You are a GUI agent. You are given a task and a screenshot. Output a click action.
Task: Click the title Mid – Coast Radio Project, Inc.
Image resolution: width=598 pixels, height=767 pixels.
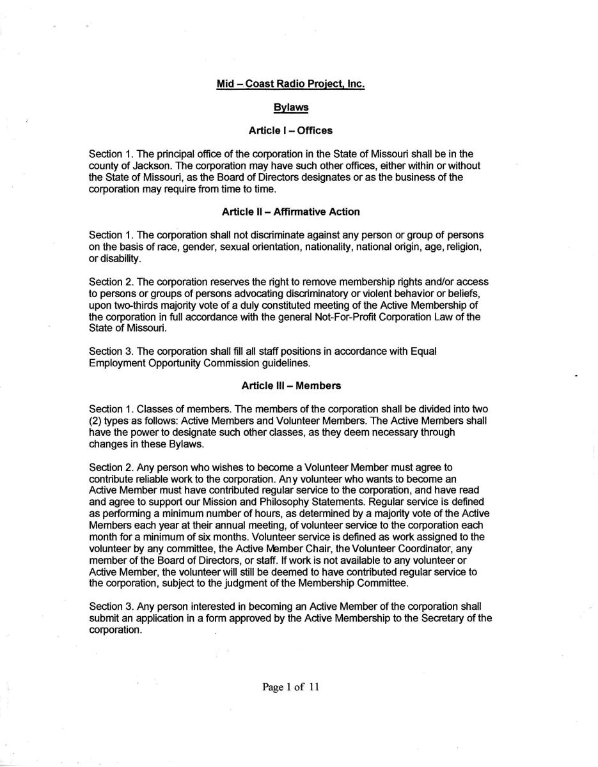pos(290,84)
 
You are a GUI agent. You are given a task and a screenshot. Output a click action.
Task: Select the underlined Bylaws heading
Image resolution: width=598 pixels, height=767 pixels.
pos(290,107)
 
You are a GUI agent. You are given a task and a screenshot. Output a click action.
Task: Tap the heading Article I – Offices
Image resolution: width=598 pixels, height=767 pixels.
pos(290,130)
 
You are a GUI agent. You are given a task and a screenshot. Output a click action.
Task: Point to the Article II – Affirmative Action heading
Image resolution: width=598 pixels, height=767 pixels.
pos(290,212)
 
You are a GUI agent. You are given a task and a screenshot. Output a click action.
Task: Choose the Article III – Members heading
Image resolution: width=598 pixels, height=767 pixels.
pos(290,385)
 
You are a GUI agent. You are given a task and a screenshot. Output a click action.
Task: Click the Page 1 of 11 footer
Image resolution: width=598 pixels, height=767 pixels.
pos(290,687)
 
